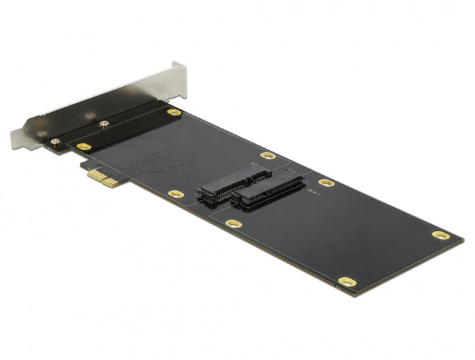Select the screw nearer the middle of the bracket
pos(104,124)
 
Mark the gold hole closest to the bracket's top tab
pos(174,112)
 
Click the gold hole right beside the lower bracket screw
pos(83,146)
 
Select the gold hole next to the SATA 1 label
pos(326,182)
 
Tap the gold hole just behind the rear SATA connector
pos(268,156)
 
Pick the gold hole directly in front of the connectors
pos(233,223)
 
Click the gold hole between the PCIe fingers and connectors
pos(175,194)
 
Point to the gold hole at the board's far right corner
pos(440,235)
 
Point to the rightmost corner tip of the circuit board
pos(464,240)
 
